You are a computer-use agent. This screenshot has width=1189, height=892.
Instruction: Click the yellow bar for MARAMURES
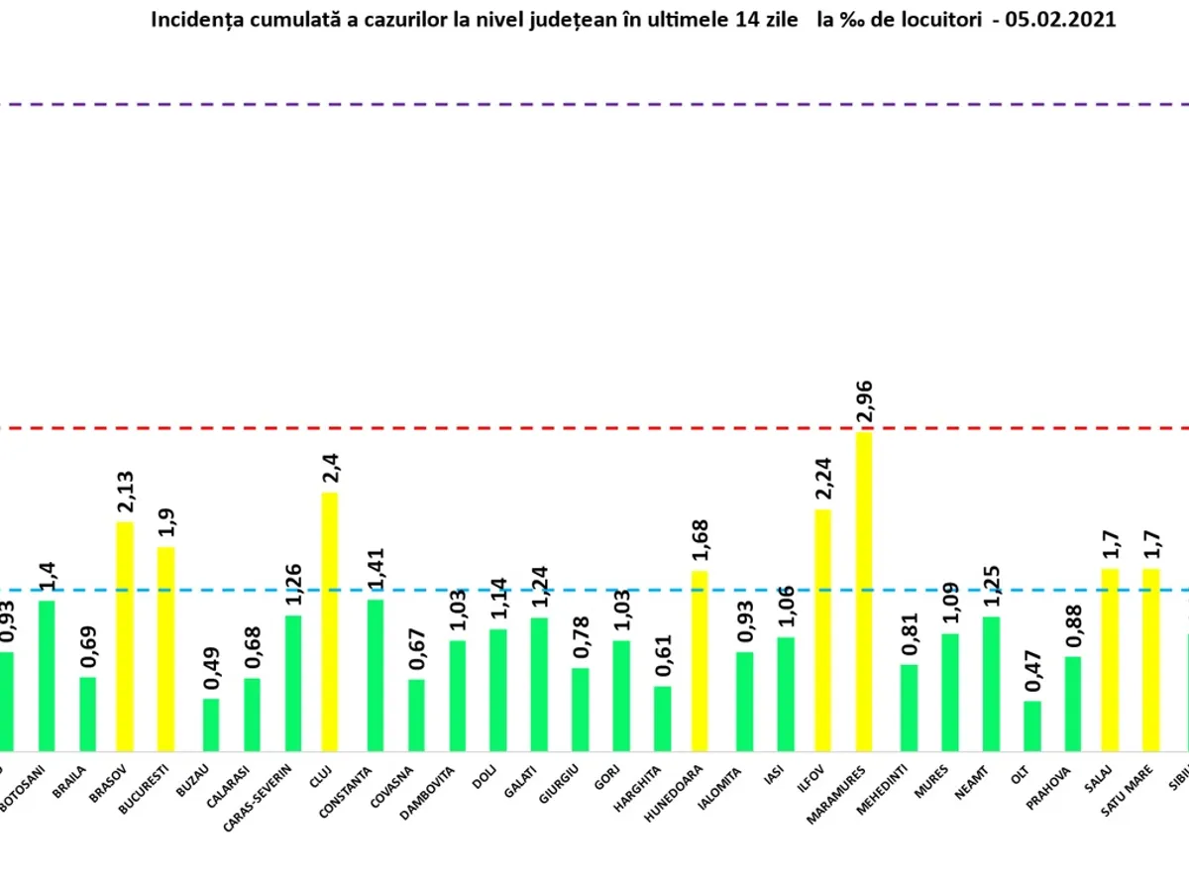click(x=864, y=592)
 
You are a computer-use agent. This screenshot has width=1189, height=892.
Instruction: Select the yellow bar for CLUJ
click(x=329, y=621)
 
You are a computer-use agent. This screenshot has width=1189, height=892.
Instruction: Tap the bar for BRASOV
click(x=125, y=636)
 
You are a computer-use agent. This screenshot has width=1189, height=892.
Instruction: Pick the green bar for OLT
click(x=1032, y=725)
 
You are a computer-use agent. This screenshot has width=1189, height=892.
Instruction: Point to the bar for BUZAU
click(x=211, y=725)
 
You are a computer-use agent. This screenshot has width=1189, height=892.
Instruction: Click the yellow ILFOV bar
click(x=823, y=630)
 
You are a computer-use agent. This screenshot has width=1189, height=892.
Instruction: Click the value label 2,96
click(x=864, y=401)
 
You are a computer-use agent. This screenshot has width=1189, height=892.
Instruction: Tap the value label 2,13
click(x=126, y=492)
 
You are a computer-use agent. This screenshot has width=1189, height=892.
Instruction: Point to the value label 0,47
click(x=1032, y=671)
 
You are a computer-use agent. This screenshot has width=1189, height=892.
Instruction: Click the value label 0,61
click(x=662, y=656)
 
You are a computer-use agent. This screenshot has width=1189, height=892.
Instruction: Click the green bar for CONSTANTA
click(x=376, y=675)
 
